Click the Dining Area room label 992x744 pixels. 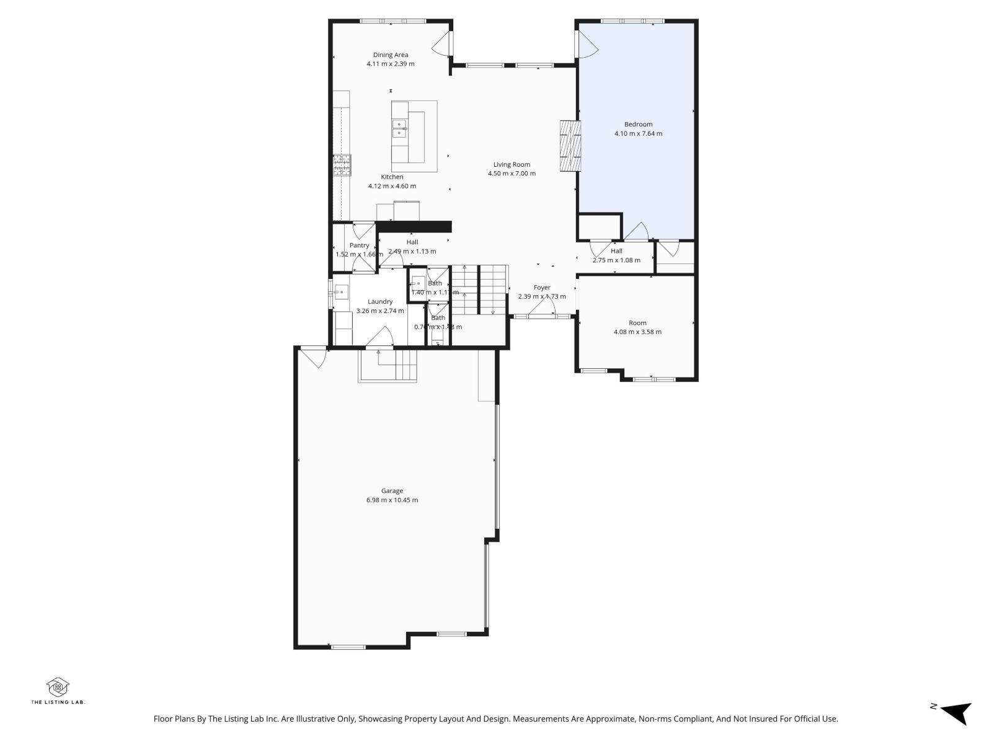point(390,55)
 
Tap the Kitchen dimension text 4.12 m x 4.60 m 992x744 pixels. point(392,186)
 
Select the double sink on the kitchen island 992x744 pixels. point(399,128)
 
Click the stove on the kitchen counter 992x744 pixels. point(342,165)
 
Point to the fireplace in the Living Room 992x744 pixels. point(570,145)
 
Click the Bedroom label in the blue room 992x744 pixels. point(638,125)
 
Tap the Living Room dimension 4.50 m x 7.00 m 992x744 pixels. point(511,174)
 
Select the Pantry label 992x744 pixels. point(359,246)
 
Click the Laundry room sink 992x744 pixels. point(340,291)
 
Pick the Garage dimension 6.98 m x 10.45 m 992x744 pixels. point(392,500)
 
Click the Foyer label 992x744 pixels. point(542,288)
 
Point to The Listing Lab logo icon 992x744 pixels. point(58,687)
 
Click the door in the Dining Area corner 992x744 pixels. point(443,43)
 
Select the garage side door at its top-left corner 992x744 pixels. point(315,358)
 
